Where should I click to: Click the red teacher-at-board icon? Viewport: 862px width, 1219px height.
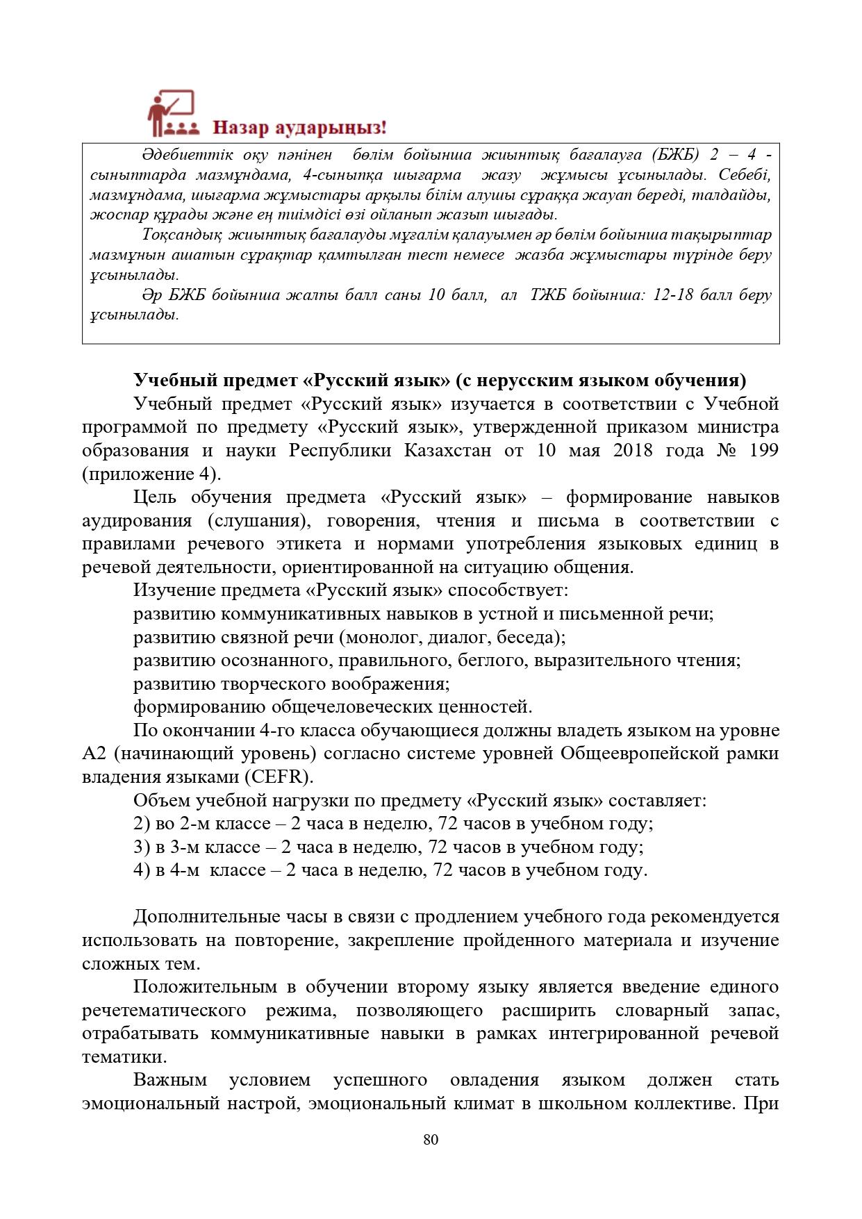pyautogui.click(x=172, y=112)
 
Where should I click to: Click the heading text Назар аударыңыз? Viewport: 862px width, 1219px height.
pyautogui.click(x=299, y=128)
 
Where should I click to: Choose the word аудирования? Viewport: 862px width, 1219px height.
pyautogui.click(x=137, y=521)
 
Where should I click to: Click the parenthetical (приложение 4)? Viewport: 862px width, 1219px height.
pyautogui.click(x=152, y=474)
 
